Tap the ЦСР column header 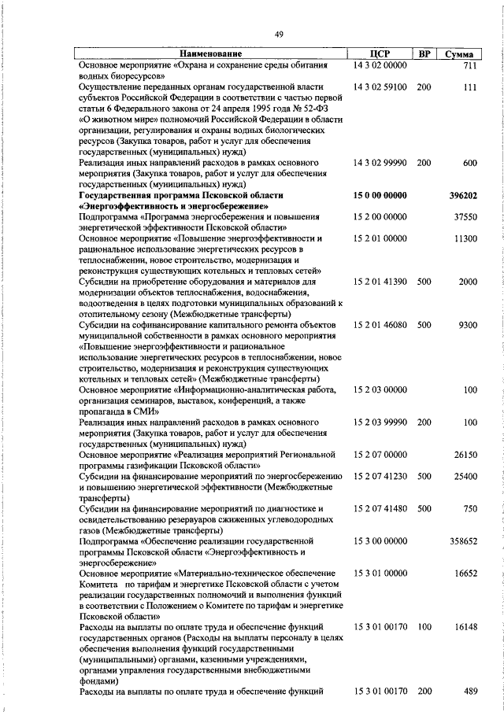(380, 54)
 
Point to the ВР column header (424, 54)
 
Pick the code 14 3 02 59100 (380, 87)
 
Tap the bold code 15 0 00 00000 (380, 194)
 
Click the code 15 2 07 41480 (380, 508)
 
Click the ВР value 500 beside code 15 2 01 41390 (424, 281)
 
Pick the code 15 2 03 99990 (380, 422)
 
